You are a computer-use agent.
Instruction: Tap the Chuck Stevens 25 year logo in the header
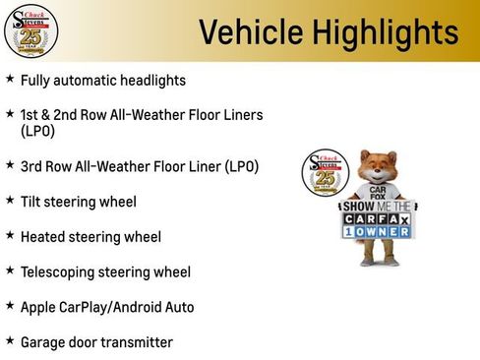30,30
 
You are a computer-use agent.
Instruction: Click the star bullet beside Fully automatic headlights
10,79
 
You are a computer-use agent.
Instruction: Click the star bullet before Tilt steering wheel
10,201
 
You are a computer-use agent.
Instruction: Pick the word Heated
43,237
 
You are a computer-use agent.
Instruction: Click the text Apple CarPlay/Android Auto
107,307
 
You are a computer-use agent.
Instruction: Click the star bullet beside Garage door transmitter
10,341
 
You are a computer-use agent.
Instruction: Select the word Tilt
31,202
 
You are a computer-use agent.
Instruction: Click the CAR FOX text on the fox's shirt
378,193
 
